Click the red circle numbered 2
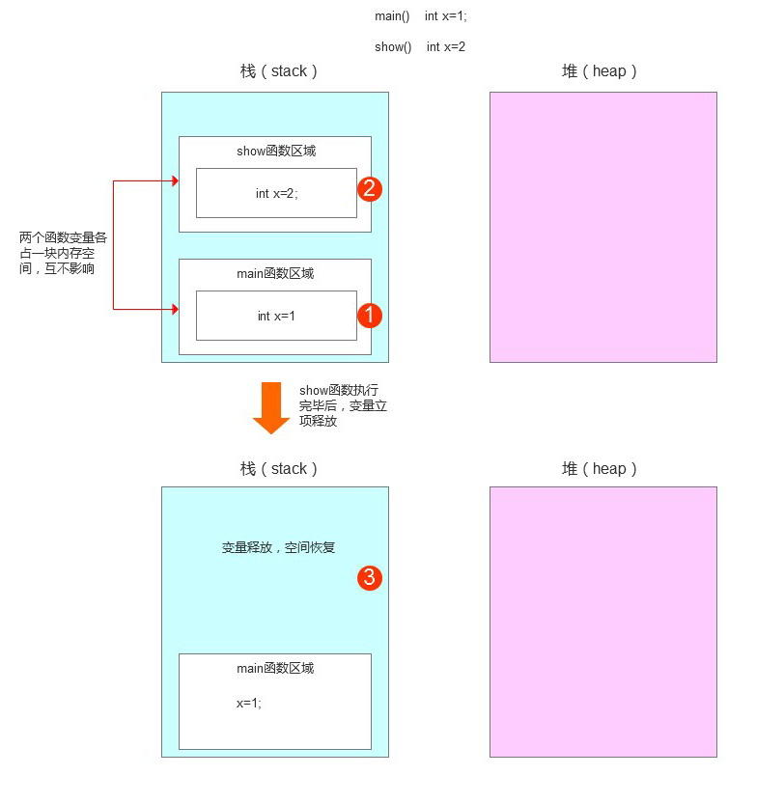(x=370, y=189)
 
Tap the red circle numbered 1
(x=370, y=316)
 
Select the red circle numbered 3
(x=370, y=578)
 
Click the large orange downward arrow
(x=271, y=407)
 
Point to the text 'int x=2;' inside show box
(x=277, y=193)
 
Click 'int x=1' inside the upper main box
(x=276, y=316)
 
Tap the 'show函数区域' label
(x=276, y=151)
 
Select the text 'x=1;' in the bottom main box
(x=249, y=704)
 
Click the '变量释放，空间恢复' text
(x=278, y=547)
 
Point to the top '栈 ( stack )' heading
(x=278, y=70)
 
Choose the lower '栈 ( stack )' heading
(x=278, y=469)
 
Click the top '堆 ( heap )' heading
(x=599, y=70)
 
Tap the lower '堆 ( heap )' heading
(x=599, y=469)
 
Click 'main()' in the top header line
(x=392, y=16)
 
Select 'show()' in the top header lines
(x=393, y=47)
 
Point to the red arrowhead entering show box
(x=175, y=180)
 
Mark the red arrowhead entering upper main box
(x=175, y=309)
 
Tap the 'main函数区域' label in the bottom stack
(x=275, y=668)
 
